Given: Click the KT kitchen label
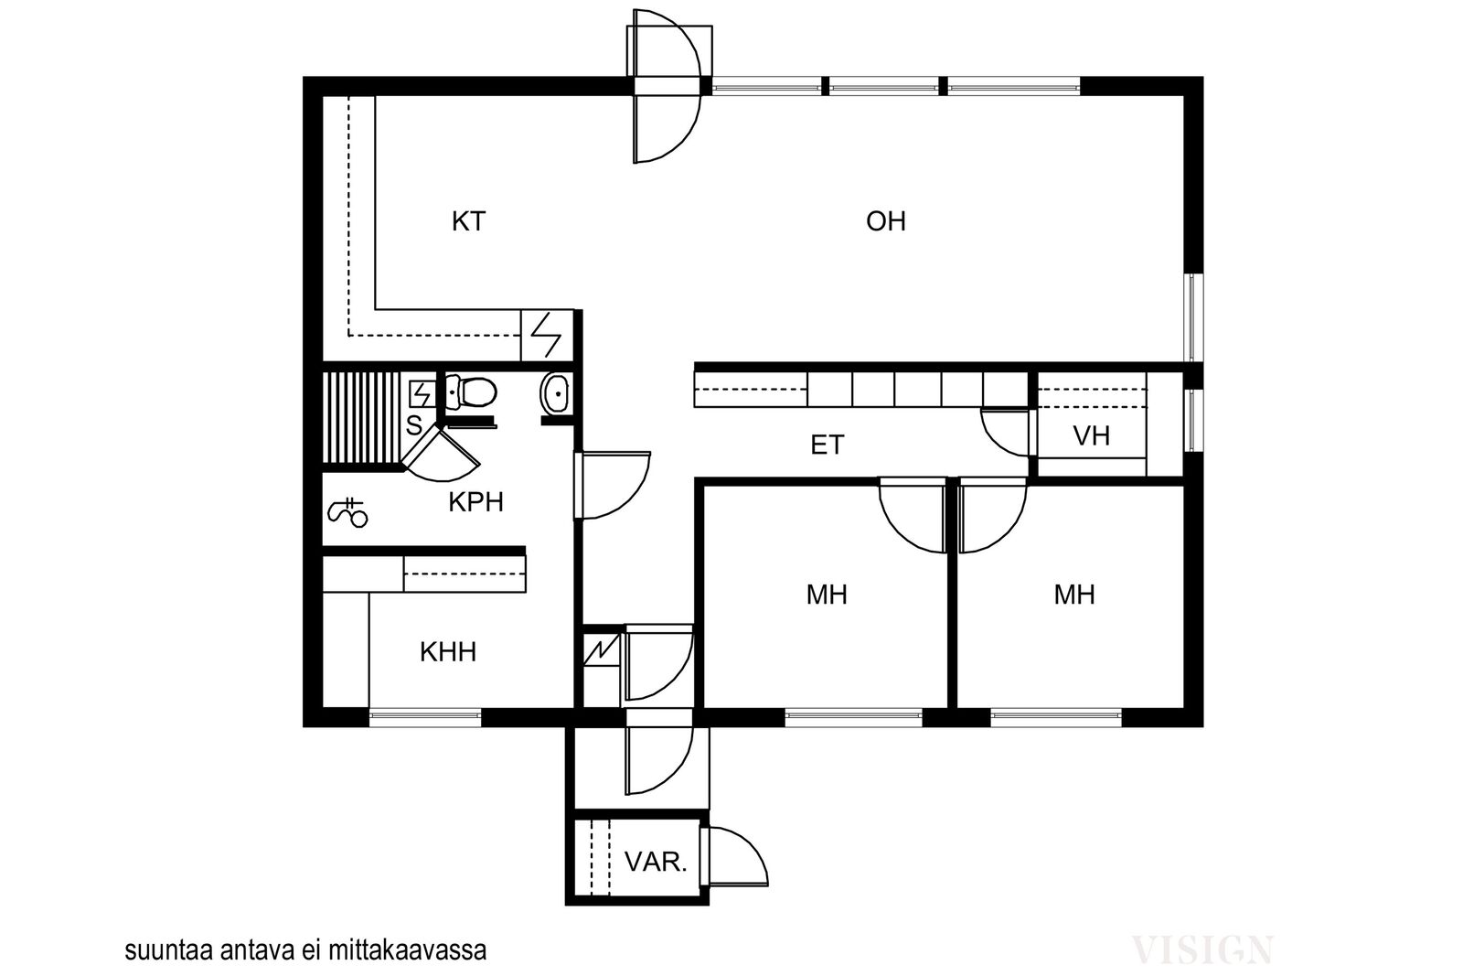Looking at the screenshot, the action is (468, 221).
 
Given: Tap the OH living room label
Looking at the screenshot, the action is (886, 221).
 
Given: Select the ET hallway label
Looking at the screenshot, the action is (828, 445).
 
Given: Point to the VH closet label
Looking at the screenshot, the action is (1092, 435).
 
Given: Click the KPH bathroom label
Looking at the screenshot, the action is (475, 501).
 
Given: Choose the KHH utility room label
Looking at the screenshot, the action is (447, 652).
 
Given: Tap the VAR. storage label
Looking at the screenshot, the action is (655, 863).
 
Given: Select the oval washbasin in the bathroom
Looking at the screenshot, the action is (555, 392).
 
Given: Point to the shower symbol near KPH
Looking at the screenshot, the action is (347, 512).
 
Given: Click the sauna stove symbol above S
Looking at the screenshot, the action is (422, 394).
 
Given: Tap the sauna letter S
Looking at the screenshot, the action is (414, 425).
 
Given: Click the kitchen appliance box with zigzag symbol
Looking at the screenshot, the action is (547, 335).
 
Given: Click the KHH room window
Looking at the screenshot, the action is (425, 719).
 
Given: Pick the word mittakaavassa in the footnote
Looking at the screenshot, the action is (408, 950).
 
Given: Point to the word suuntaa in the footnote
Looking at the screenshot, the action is (169, 951).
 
